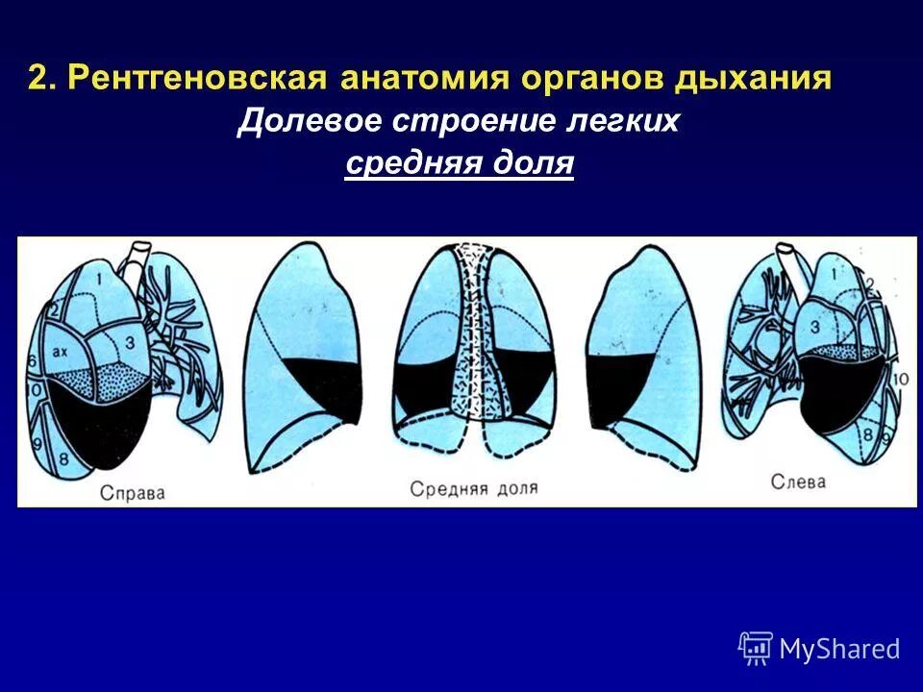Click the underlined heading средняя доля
460,164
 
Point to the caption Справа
133,494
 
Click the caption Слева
798,482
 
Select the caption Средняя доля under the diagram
474,488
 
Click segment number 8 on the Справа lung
64,458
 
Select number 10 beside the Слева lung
901,380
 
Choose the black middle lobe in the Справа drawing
101,423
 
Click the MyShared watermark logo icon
756,649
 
